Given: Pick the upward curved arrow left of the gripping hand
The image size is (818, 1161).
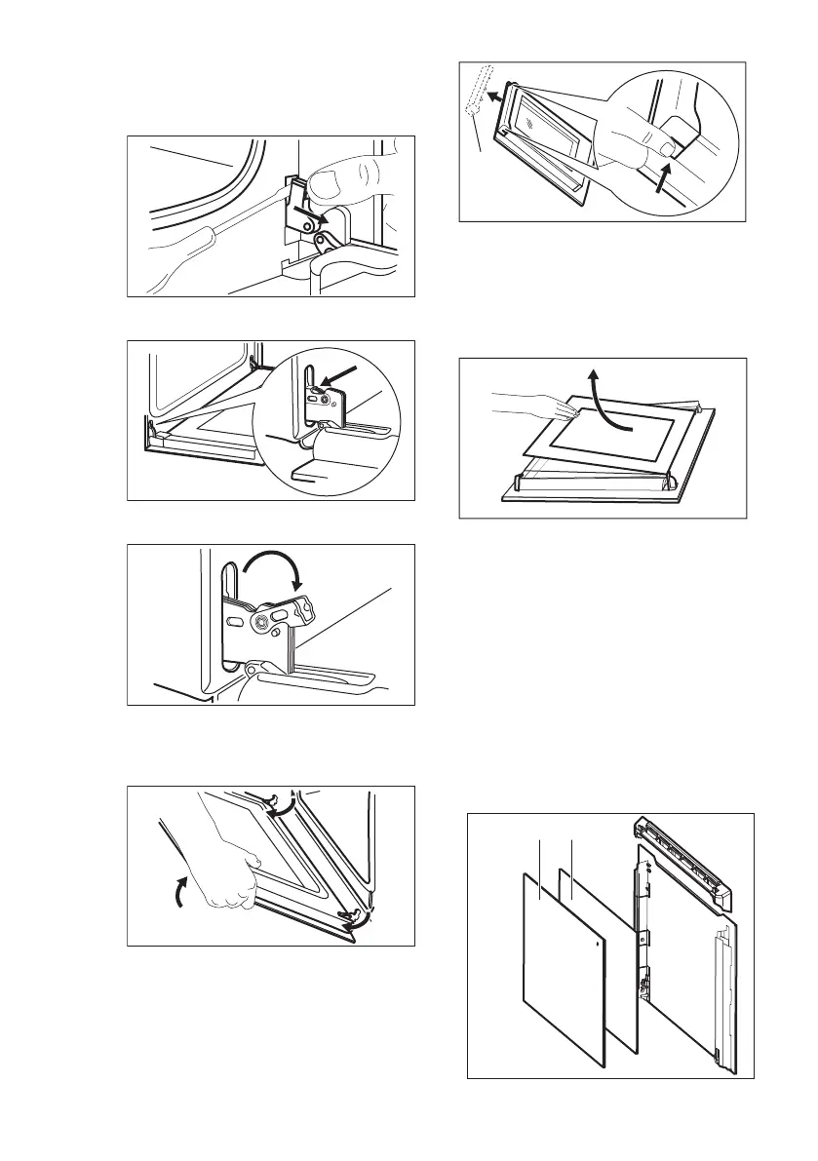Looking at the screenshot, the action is coord(179,889).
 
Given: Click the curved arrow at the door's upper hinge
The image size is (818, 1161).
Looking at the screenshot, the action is coord(286,805).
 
